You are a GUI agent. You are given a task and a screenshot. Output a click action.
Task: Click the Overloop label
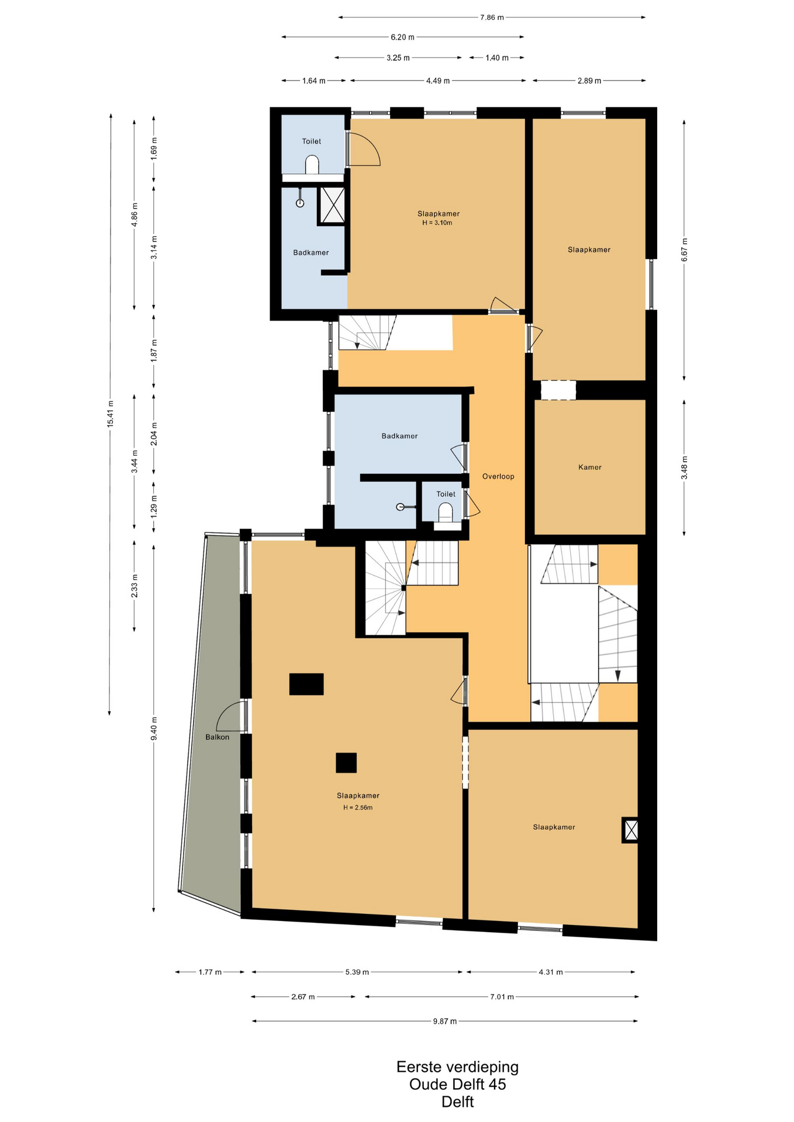pos(498,476)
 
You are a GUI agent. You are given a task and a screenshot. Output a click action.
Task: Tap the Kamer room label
pos(590,467)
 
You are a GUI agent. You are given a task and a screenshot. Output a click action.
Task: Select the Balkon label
pos(218,737)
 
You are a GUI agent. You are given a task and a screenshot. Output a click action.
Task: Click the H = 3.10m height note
pos(437,223)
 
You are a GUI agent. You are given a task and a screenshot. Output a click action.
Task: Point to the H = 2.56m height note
pos(358,808)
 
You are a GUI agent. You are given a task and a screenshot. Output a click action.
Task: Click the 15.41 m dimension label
pos(110,414)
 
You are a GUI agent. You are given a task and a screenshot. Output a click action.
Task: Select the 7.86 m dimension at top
pos(492,18)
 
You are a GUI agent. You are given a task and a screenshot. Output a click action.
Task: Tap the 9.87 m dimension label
pos(445,1021)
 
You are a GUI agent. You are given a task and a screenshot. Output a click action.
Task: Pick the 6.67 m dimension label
pos(684,250)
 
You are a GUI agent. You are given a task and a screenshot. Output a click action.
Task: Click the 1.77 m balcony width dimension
pos(210,972)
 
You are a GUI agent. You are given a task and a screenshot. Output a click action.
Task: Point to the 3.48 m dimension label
pos(684,467)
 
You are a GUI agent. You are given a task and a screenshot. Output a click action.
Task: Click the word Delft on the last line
pos(458,1102)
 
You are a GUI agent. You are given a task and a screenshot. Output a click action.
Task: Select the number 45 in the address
pos(497,1085)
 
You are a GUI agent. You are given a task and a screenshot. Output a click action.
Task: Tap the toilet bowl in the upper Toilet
pos(312,164)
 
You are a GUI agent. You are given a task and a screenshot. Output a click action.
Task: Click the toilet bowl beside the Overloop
pos(446,512)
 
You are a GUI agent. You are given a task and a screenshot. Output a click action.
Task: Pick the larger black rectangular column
pos(306,684)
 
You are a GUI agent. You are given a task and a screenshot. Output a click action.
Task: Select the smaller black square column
pos(346,763)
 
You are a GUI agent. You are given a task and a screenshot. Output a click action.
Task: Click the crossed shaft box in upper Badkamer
pos(333,205)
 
